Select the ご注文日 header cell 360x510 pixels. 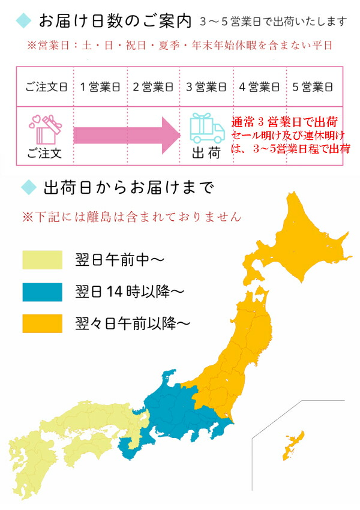(x=44, y=86)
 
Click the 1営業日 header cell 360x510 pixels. (x=100, y=86)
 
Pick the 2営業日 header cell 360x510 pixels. (x=153, y=86)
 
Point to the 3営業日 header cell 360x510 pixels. (x=206, y=86)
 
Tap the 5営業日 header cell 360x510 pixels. (x=313, y=86)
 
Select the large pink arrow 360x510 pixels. (x=126, y=135)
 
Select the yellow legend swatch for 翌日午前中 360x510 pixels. (x=42, y=260)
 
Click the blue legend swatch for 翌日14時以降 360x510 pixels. (x=42, y=292)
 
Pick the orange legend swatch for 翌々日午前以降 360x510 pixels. (x=42, y=323)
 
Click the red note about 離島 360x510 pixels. (x=131, y=215)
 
